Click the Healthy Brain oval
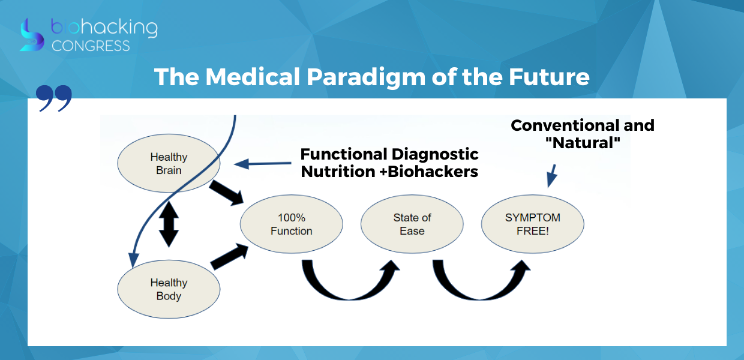(x=169, y=163)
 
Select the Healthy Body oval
(x=169, y=289)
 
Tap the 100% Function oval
(x=291, y=224)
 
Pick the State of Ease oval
(x=412, y=224)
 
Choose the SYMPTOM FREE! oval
(x=532, y=224)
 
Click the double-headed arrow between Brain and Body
(x=169, y=224)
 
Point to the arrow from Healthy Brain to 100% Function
(x=227, y=193)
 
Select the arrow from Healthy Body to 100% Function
(x=230, y=256)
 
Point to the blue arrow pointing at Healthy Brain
(x=262, y=163)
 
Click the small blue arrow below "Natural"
(x=551, y=176)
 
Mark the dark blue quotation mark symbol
(x=54, y=98)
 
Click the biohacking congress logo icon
(x=32, y=35)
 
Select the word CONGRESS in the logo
(x=91, y=46)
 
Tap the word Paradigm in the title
(x=365, y=77)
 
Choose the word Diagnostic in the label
(x=435, y=154)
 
